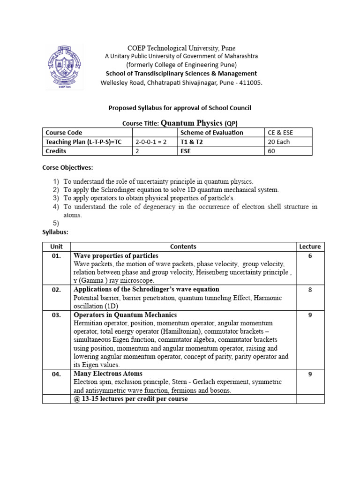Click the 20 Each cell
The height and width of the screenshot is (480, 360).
[x=279, y=142]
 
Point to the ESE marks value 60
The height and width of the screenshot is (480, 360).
[x=272, y=151]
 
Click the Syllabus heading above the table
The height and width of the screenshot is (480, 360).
[x=55, y=232]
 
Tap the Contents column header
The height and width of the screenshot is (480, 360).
[x=183, y=247]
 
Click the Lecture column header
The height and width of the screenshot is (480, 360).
[x=310, y=247]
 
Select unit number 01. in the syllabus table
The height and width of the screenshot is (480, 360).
[x=56, y=256]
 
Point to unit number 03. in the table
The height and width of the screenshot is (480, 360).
[x=56, y=315]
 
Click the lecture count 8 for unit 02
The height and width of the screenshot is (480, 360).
[x=310, y=290]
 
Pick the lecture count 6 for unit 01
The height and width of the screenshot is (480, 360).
[x=310, y=256]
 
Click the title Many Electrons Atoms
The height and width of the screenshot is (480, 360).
[x=108, y=374]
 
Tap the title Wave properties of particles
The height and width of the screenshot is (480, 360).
[x=116, y=256]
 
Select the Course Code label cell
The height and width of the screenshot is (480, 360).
[x=64, y=133]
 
